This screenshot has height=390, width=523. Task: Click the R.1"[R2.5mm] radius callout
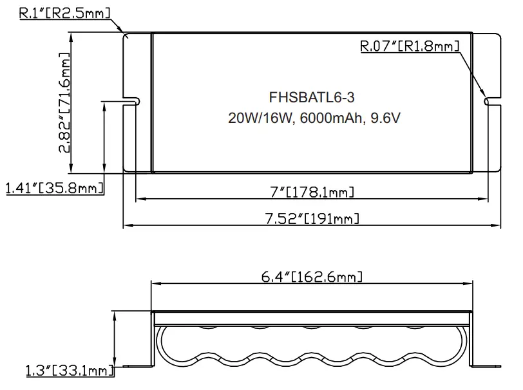(63, 13)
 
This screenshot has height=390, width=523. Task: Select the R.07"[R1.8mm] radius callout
(409, 46)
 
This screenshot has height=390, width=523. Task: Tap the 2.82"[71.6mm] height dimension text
(65, 103)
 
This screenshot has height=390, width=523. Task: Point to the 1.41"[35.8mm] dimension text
(54, 188)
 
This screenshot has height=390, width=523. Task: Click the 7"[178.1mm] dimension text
(312, 192)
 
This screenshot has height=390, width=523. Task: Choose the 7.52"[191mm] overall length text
(312, 218)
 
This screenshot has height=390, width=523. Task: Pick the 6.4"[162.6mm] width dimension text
(312, 277)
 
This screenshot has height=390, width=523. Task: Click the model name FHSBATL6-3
(312, 98)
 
